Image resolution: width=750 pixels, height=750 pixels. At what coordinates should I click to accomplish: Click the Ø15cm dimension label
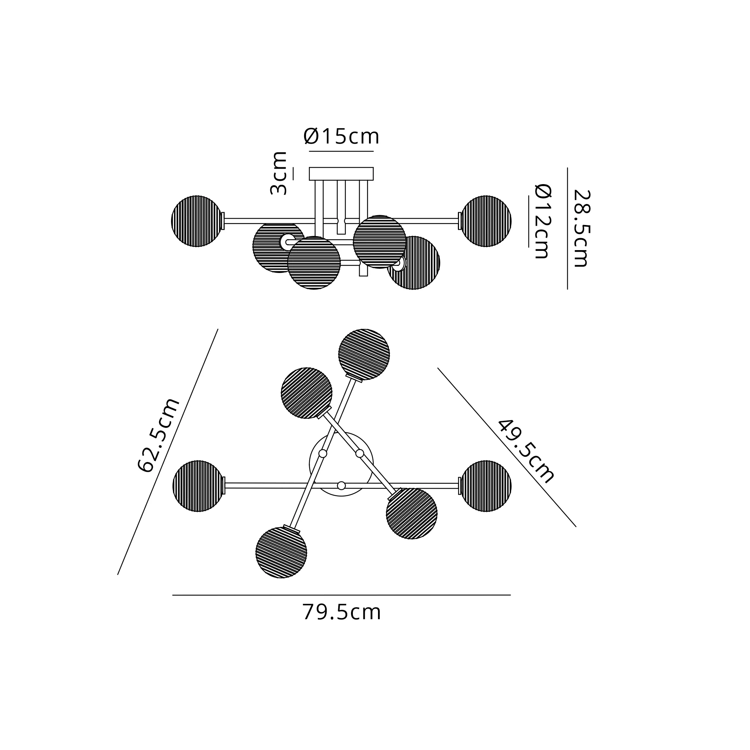tap(341, 136)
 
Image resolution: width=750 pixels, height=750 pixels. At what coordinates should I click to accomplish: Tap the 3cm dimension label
tap(278, 173)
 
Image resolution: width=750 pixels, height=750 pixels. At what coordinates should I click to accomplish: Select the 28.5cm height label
tap(581, 228)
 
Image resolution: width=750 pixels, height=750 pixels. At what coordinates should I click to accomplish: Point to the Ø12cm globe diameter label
tap(543, 221)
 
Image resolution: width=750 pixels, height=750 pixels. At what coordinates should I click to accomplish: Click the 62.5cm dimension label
tap(159, 435)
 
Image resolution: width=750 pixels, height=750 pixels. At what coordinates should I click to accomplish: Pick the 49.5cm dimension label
tap(526, 451)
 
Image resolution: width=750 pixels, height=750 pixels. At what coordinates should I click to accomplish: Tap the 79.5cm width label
tap(342, 612)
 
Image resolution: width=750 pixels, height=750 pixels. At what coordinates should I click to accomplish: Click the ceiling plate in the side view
tap(341, 174)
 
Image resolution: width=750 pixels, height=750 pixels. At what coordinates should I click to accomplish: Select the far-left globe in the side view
tap(197, 221)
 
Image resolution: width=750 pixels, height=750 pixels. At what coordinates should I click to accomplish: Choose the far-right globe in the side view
tap(486, 221)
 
